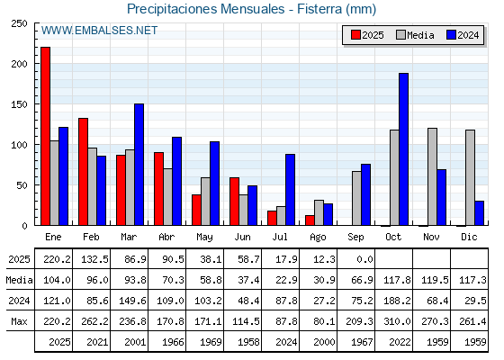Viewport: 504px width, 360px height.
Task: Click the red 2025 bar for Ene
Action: point(45,136)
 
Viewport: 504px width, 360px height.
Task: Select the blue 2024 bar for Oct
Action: point(403,149)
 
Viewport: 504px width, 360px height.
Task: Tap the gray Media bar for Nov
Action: point(432,176)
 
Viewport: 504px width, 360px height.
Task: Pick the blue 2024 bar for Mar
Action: point(139,165)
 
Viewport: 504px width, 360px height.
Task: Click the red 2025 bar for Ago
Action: point(310,220)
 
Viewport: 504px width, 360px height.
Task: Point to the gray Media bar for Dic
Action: point(470,178)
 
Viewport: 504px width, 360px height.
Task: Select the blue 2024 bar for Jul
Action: point(290,190)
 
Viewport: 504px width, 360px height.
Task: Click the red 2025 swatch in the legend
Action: point(355,35)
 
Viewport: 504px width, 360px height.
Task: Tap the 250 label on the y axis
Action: point(19,23)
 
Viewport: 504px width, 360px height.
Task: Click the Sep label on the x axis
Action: point(355,237)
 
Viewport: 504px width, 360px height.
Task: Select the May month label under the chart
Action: point(204,237)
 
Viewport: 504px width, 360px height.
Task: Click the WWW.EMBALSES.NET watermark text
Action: point(99,31)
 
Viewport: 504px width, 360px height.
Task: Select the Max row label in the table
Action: point(19,321)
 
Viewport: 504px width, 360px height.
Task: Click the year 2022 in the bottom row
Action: point(400,342)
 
